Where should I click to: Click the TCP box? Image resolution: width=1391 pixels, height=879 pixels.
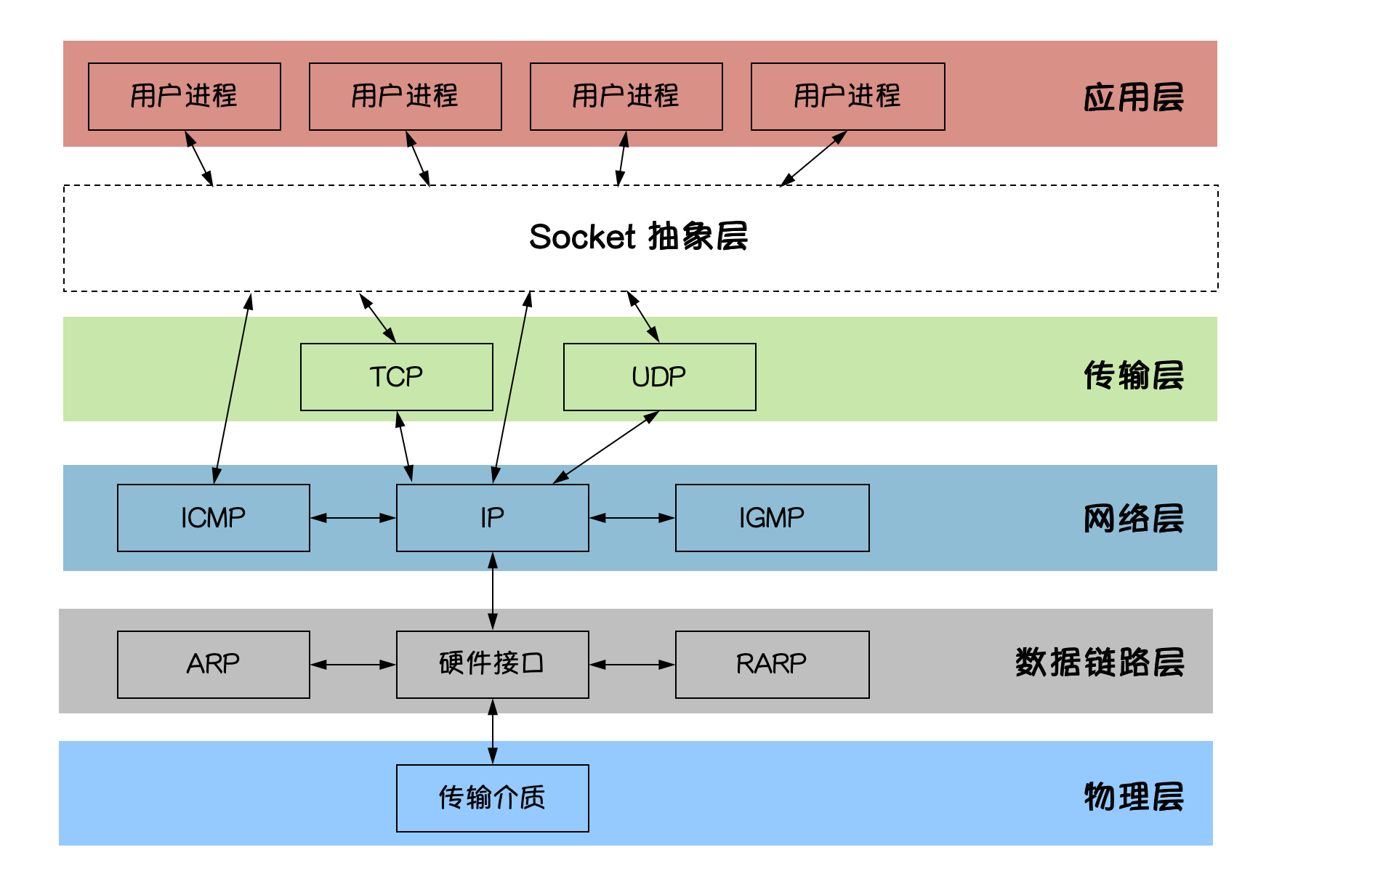(397, 377)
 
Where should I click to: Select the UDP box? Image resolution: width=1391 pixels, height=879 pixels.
(660, 377)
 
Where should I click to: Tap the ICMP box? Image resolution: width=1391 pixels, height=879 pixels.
(214, 518)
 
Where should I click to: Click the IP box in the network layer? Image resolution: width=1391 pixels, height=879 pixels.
(493, 518)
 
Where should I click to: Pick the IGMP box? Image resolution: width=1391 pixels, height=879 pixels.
(773, 518)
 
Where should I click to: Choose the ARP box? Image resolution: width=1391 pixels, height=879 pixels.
(214, 665)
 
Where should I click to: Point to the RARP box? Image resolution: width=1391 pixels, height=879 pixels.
(773, 665)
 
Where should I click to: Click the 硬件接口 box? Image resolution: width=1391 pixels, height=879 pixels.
(493, 665)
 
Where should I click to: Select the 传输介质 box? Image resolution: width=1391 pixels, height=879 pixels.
(493, 798)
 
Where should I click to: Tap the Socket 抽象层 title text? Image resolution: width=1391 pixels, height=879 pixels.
(639, 237)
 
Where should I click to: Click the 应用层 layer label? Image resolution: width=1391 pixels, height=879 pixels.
(1134, 97)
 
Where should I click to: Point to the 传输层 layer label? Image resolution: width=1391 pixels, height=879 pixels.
(1134, 376)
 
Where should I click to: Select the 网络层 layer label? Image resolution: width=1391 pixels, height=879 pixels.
(1134, 519)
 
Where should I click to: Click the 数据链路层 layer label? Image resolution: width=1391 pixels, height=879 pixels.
(1100, 663)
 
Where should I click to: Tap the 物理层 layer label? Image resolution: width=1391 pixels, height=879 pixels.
(1134, 797)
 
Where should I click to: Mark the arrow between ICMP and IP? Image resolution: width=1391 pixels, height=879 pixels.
(353, 518)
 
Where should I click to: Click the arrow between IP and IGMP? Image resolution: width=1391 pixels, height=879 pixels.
(632, 518)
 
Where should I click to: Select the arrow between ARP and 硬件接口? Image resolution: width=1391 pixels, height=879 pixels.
(353, 665)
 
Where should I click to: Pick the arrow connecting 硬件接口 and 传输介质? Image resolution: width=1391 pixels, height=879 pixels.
(493, 732)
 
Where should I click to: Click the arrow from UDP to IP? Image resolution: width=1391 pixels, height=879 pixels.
(606, 447)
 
